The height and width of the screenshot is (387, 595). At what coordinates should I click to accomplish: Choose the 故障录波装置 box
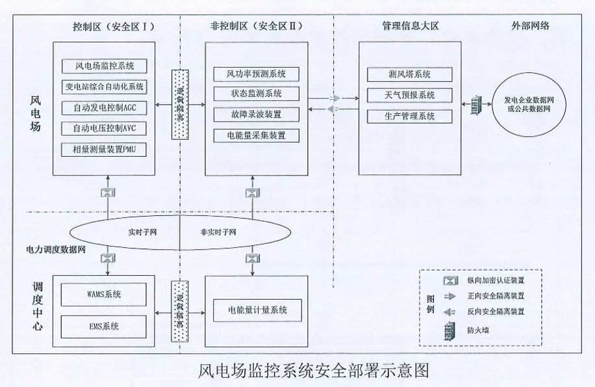click(256, 114)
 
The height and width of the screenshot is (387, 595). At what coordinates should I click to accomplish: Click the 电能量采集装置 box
click(256, 135)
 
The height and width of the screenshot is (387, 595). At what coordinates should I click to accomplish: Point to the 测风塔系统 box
click(409, 74)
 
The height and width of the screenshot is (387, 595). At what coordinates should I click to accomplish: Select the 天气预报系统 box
click(409, 95)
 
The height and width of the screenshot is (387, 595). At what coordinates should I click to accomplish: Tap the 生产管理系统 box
click(409, 116)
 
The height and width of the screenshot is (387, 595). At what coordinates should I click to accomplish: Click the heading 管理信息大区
click(411, 26)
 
